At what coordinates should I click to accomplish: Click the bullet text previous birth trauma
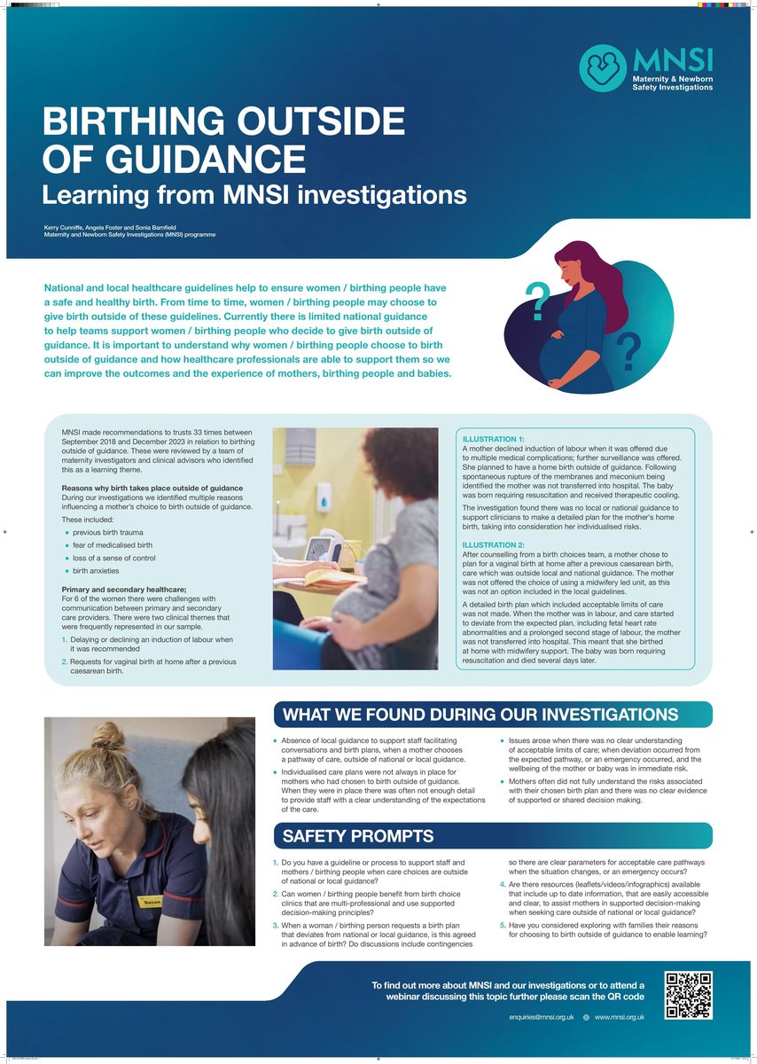click(106, 531)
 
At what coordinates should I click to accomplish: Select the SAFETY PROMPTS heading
click(358, 836)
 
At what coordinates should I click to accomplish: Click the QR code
click(689, 995)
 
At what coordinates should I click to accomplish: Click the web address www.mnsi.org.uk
click(619, 1017)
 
